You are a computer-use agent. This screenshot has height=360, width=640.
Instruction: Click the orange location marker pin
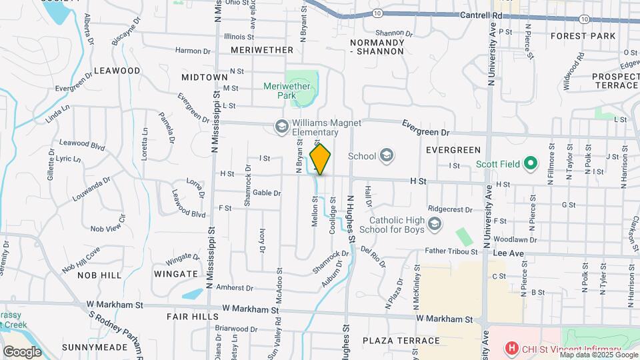point(321,159)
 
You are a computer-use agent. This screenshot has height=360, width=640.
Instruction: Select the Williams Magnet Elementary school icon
point(282,126)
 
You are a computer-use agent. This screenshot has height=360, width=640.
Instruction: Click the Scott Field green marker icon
point(530,163)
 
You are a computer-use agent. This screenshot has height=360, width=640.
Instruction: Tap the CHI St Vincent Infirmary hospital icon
point(511,347)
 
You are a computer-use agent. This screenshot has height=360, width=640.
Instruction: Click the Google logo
point(22,351)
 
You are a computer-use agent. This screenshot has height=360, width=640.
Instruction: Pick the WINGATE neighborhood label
point(176,273)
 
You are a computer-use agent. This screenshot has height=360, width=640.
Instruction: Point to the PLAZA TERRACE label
point(401,341)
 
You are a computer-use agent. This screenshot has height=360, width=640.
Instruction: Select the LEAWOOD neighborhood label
point(117,70)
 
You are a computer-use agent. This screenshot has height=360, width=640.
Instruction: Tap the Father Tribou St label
point(452,251)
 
